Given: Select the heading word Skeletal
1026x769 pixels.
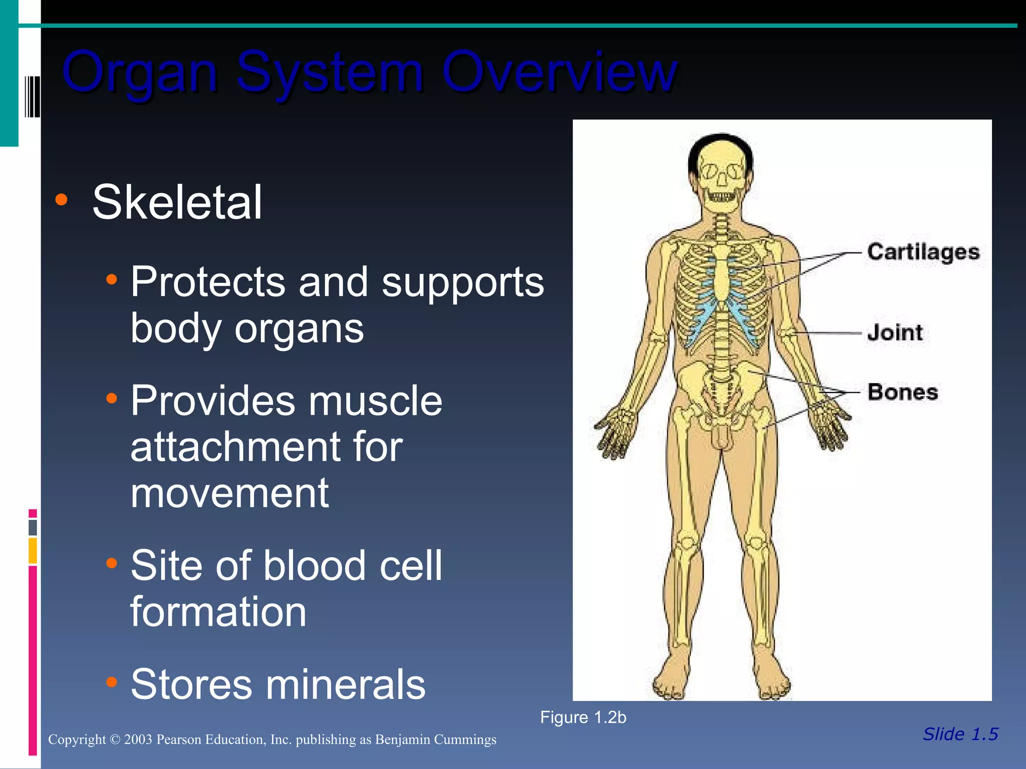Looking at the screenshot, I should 177,202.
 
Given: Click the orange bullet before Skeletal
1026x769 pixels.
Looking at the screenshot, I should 61,200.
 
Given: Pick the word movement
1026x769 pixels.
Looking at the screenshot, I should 229,493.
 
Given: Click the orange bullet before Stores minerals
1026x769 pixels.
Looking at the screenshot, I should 112,682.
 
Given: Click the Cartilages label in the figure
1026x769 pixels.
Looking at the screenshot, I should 923,252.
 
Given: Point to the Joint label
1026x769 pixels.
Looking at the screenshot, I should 895,332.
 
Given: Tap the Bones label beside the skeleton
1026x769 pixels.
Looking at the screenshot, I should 902,392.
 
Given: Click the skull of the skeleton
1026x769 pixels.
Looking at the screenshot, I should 720,173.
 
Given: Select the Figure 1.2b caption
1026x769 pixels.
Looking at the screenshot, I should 583,717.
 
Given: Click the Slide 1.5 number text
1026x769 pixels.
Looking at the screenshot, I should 960,734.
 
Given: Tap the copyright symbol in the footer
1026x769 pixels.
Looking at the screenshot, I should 115,739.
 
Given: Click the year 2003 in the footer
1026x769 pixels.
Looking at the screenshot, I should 138,739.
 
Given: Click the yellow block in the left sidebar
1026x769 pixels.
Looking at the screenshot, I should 33,551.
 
